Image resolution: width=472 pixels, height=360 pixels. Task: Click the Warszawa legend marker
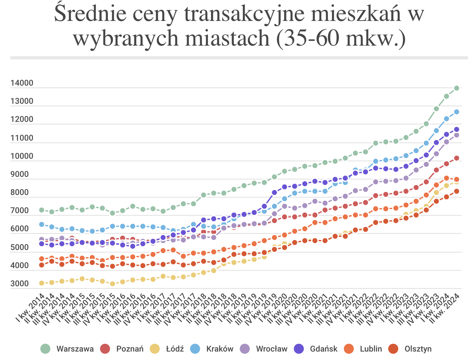pyautogui.click(x=46, y=349)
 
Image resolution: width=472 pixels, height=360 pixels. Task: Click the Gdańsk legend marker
pyautogui.click(x=299, y=349)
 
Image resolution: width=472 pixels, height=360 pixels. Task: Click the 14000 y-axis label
pyautogui.click(x=22, y=83)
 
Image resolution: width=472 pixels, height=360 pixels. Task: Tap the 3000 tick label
pyautogui.click(x=20, y=284)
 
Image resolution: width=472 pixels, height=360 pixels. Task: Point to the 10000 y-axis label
pyautogui.click(x=22, y=156)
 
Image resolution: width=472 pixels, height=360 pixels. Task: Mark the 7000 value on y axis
pyautogui.click(x=20, y=211)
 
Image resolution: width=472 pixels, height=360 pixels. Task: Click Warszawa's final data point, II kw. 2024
pyautogui.click(x=456, y=88)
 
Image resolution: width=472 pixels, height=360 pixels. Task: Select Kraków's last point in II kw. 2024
pyautogui.click(x=456, y=112)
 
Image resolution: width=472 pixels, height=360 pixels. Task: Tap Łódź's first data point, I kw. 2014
pyautogui.click(x=42, y=283)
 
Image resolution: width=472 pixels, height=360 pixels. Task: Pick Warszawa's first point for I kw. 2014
pyautogui.click(x=42, y=210)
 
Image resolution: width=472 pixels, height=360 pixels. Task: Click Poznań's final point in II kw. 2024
pyautogui.click(x=456, y=158)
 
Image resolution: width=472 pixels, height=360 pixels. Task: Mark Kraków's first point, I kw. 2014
pyautogui.click(x=42, y=224)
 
